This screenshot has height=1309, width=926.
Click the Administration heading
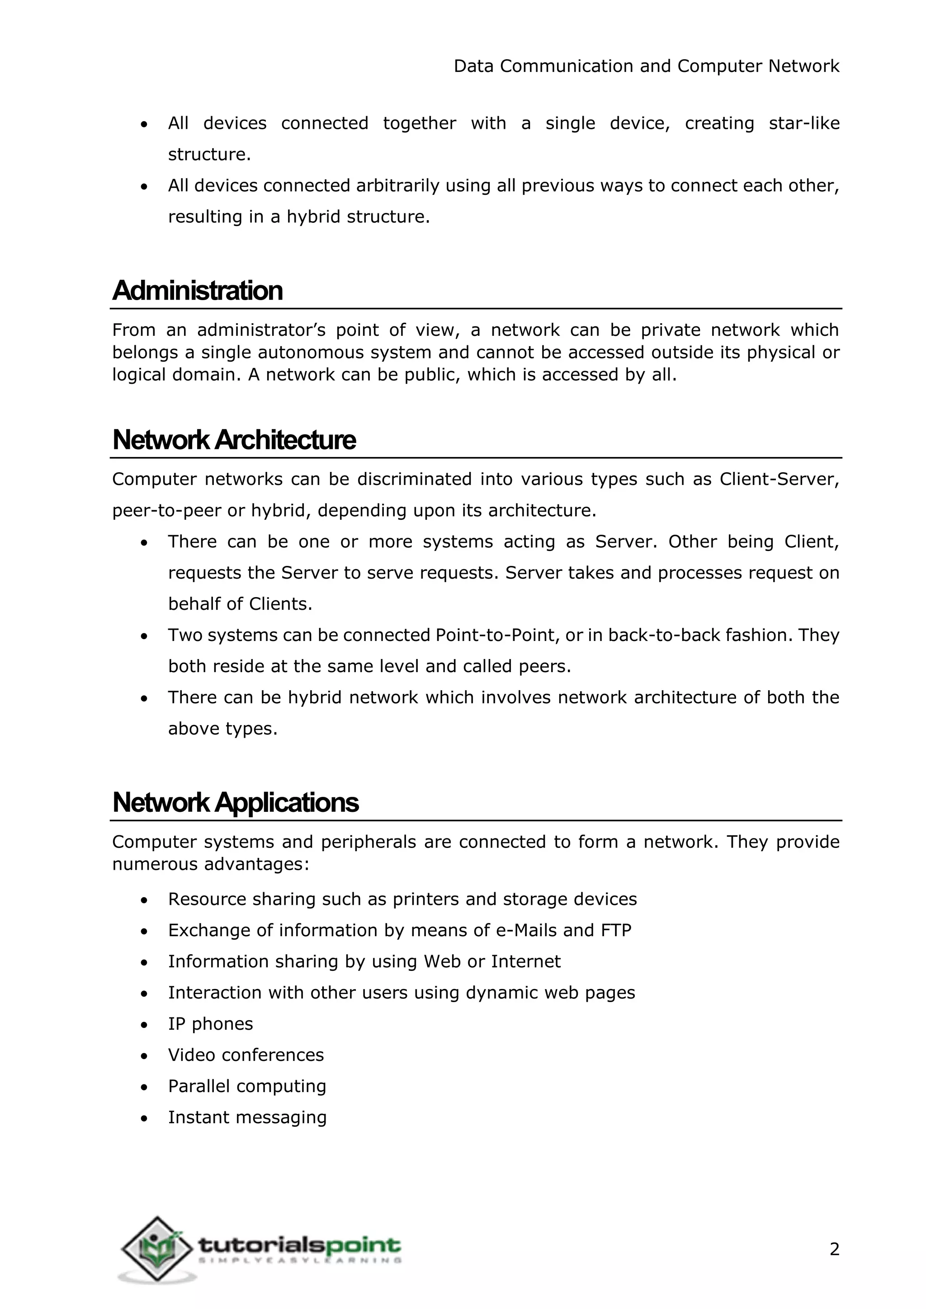click(197, 291)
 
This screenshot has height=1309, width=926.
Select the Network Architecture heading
click(234, 440)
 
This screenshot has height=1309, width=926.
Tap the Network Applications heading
click(236, 803)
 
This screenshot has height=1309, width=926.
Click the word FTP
click(616, 930)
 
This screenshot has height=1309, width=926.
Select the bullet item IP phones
click(210, 1024)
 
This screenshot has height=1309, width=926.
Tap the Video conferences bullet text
click(246, 1055)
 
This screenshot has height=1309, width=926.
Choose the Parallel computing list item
click(247, 1086)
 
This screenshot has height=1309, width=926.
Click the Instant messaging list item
click(247, 1117)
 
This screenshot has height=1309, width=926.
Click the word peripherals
click(369, 842)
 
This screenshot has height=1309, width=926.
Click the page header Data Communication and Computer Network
click(647, 66)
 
